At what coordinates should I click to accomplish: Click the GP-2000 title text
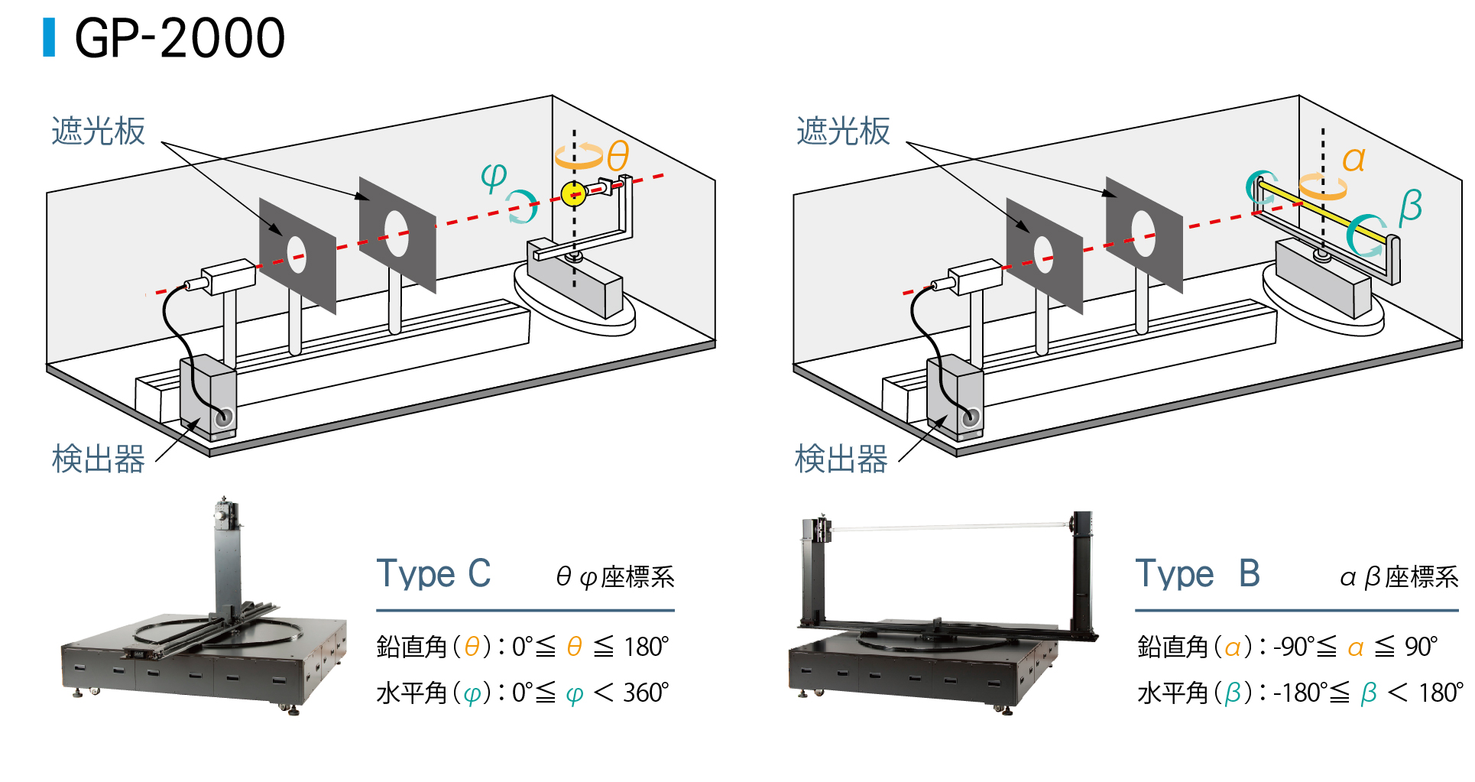coord(180,38)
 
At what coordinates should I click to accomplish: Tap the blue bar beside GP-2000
coord(49,37)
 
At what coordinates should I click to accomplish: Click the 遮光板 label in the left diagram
coord(98,131)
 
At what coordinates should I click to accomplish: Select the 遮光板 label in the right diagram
coord(843,131)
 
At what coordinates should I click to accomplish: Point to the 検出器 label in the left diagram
coord(98,459)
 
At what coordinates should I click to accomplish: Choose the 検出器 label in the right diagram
coord(841,459)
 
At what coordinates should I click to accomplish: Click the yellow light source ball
coord(572,194)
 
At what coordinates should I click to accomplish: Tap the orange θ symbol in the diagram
coord(618,156)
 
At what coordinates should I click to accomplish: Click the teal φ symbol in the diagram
coord(494,177)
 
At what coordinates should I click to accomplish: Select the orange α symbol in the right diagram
coord(1353,160)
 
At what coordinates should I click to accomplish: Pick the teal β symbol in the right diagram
coord(1410,206)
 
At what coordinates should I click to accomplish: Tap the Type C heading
coord(433,574)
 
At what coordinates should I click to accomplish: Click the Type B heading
coord(1197,574)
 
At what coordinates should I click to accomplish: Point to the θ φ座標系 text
coord(615,577)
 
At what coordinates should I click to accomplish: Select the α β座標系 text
coord(1399,577)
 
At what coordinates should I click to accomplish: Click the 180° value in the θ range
coord(646,647)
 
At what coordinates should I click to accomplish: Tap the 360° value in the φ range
coord(646,693)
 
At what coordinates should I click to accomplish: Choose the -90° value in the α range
coord(1293,647)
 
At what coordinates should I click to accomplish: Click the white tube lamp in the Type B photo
coord(948,527)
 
